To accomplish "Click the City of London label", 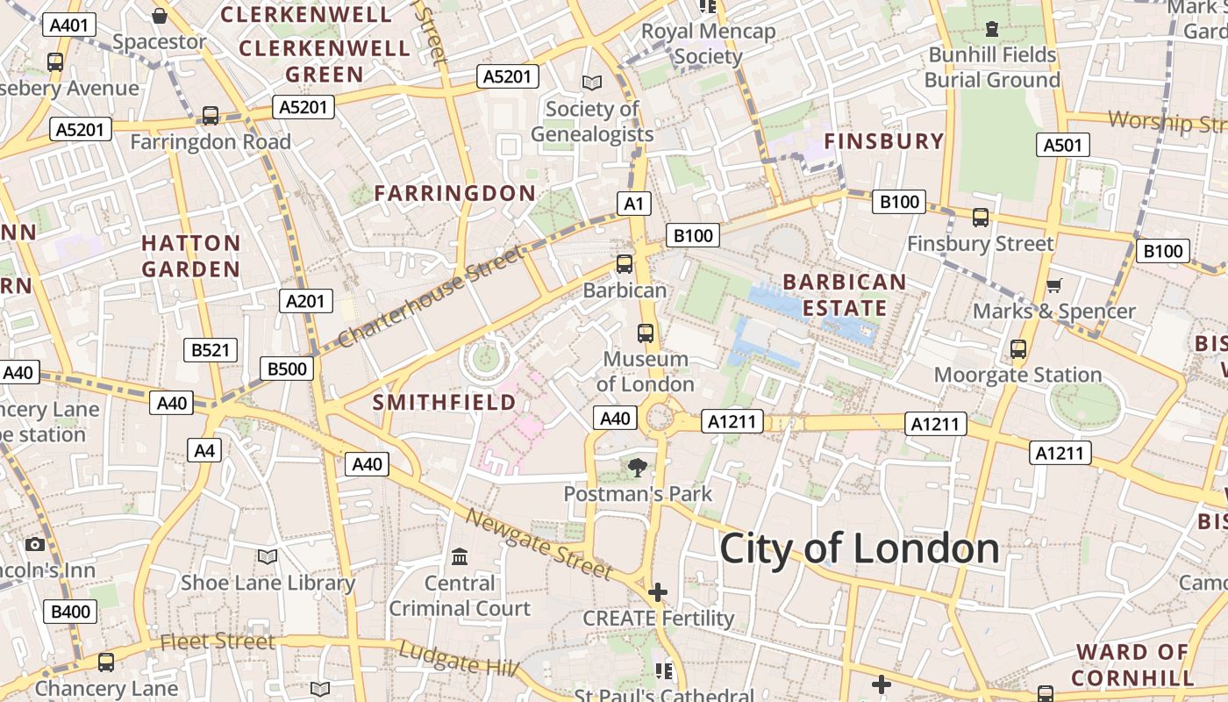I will (x=859, y=548).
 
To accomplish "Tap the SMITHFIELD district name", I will (x=444, y=403).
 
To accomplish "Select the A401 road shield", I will (x=69, y=25).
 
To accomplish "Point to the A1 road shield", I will (x=634, y=204).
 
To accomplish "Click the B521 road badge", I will (x=211, y=350).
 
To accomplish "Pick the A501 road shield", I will (x=1062, y=145).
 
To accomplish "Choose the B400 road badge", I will (x=70, y=612).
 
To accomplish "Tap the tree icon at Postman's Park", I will (x=638, y=468).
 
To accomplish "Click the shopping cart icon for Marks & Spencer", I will (x=1053, y=285).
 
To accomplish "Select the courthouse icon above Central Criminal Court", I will (x=460, y=557).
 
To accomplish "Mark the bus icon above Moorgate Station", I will (x=1017, y=349).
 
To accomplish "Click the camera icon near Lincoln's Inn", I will (x=35, y=545).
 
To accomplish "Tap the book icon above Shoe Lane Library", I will (x=268, y=557).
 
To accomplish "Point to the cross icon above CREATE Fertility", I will (x=658, y=592).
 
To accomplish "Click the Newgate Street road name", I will (x=539, y=544).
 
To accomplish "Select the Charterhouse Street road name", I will (x=429, y=297).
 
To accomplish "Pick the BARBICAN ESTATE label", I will (x=845, y=295).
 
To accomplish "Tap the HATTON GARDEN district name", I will (x=191, y=256).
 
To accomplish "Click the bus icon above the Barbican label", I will (x=625, y=263).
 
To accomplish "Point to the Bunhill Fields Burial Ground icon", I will (x=992, y=29).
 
